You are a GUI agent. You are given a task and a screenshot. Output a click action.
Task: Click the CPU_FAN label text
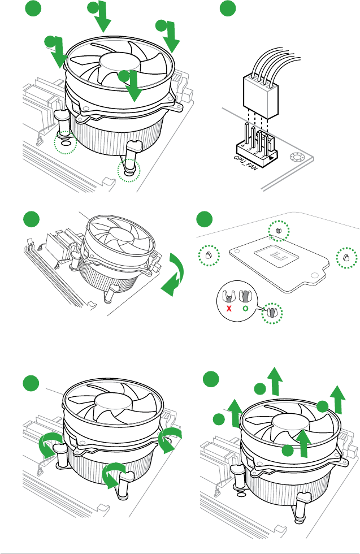click(x=246, y=163)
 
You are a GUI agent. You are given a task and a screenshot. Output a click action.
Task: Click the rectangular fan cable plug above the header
click(x=261, y=90)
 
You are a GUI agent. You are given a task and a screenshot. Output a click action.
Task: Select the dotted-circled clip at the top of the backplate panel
click(x=277, y=231)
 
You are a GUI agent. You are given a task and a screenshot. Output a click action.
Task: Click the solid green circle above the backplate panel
click(x=204, y=218)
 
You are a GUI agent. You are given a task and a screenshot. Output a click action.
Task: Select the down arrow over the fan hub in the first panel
click(x=132, y=86)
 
